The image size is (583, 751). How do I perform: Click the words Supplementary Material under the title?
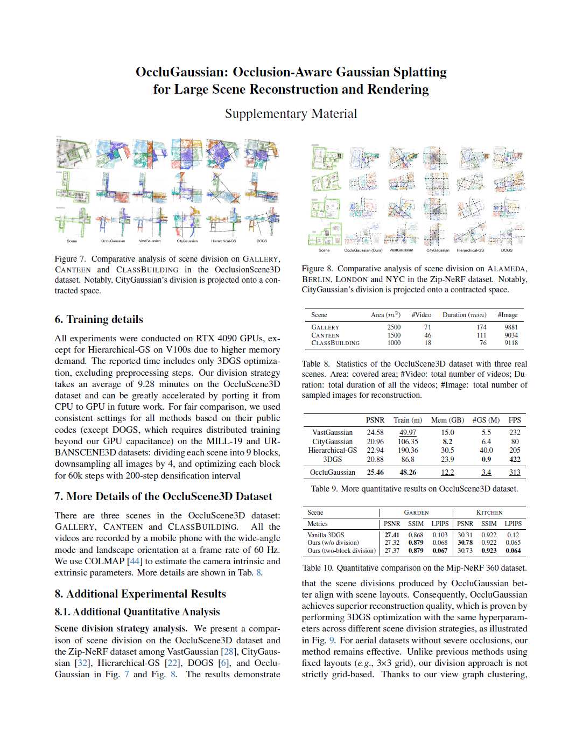click(291, 114)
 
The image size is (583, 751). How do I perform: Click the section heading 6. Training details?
click(99, 319)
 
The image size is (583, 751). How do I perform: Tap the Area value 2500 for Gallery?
click(394, 327)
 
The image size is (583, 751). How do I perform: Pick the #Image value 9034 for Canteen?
click(510, 335)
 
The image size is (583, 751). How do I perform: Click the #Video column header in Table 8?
click(421, 315)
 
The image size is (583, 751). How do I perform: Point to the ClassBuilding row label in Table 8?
click(335, 343)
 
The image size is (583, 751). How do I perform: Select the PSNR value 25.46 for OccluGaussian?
click(375, 472)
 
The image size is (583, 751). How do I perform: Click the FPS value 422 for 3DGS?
click(515, 459)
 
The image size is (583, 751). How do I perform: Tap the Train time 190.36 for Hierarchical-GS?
click(408, 450)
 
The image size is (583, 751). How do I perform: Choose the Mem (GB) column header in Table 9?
click(447, 420)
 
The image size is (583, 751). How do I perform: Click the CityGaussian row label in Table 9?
click(332, 441)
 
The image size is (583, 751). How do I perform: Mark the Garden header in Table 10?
click(416, 513)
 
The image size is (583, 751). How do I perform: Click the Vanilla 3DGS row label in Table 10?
click(326, 535)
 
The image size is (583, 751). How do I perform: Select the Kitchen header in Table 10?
click(489, 513)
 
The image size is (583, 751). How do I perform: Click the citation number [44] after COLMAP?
click(135, 561)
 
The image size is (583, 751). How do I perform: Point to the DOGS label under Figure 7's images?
click(262, 241)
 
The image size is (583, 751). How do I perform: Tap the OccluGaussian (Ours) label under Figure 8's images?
click(363, 250)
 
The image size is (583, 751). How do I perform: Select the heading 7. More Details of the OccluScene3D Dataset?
click(163, 496)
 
